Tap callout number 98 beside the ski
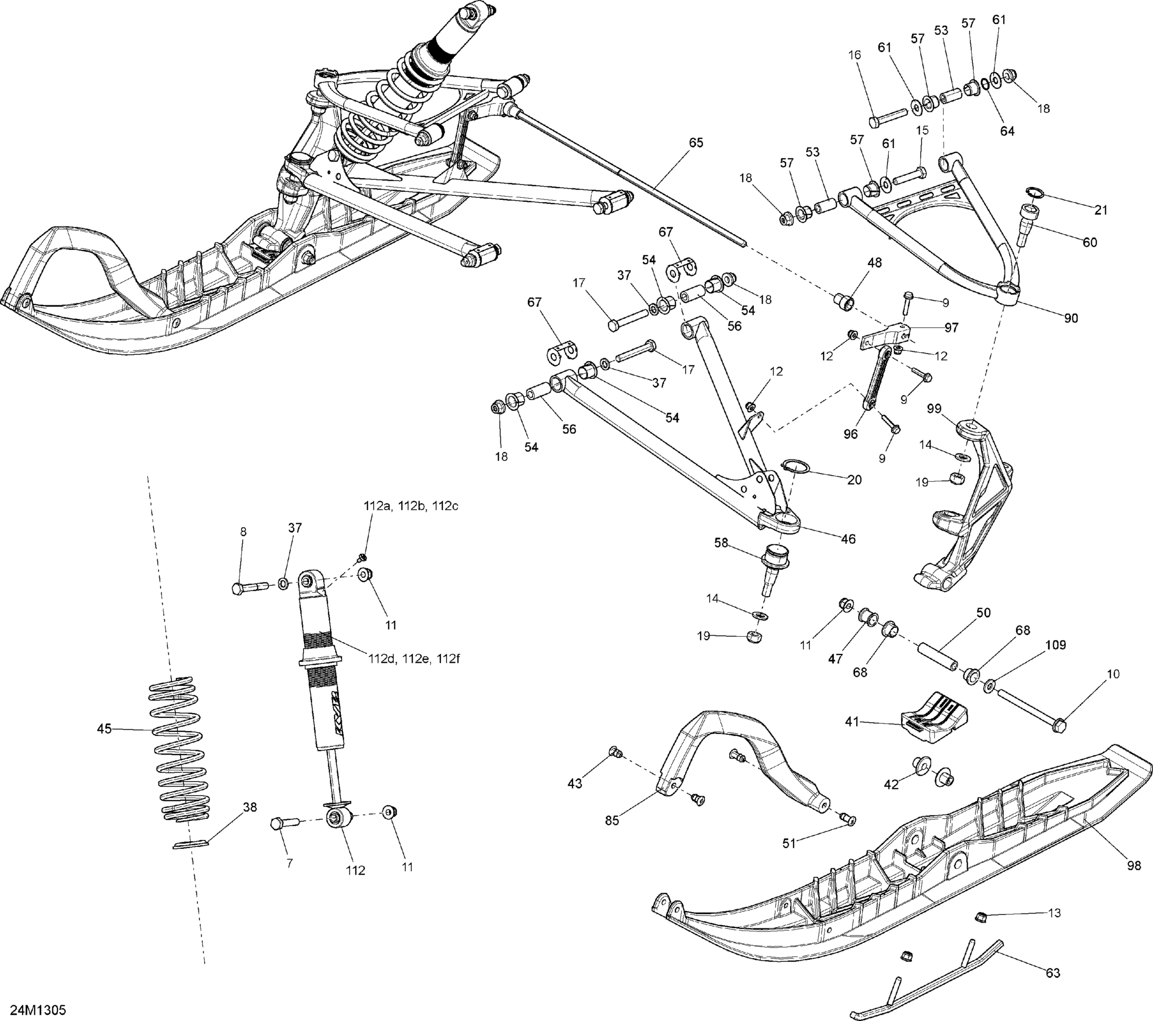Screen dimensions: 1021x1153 (x=1134, y=866)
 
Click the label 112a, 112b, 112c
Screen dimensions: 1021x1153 (x=410, y=506)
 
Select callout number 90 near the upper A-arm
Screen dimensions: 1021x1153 (x=1071, y=318)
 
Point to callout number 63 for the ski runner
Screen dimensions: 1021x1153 (x=1053, y=973)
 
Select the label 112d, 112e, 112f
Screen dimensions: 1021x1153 (x=414, y=658)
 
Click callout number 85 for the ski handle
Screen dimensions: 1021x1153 (x=612, y=821)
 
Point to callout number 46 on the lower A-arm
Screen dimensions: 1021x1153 (x=848, y=539)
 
